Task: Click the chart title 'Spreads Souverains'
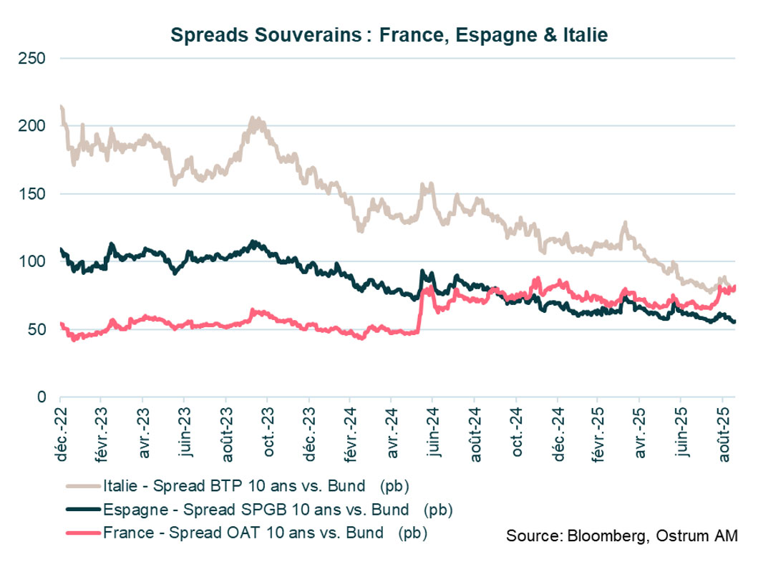point(389,35)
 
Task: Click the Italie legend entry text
point(256,488)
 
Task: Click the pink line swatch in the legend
point(83,533)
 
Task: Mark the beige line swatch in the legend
point(83,488)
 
